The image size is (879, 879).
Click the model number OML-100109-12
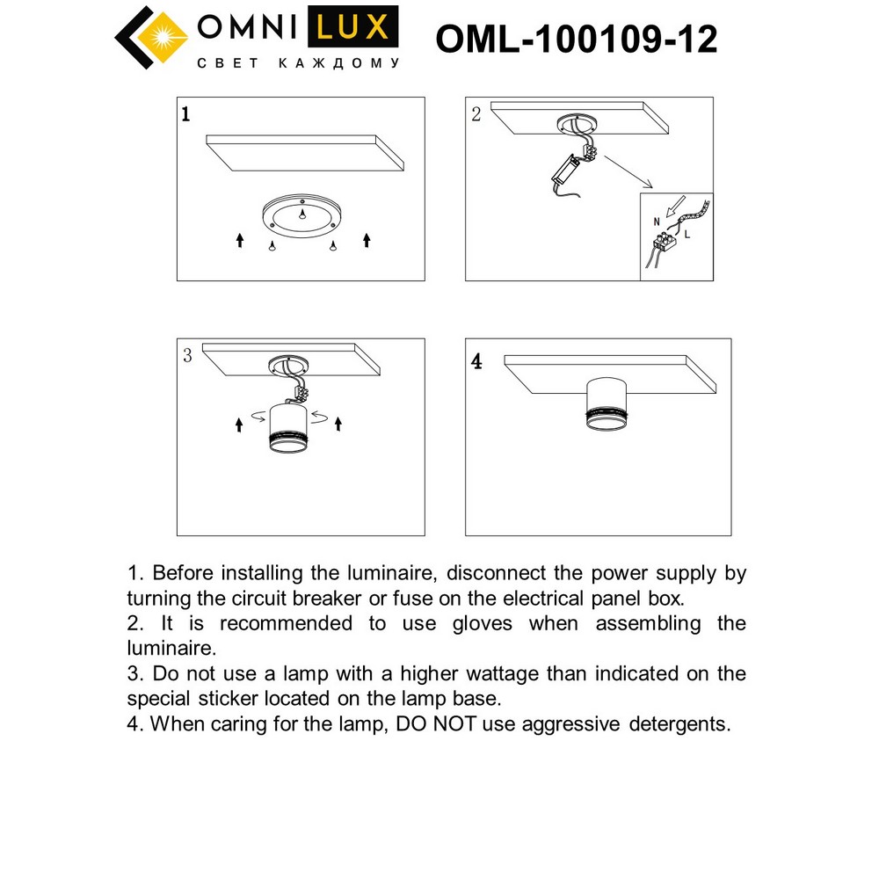pos(577,39)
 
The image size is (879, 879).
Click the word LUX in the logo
pos(351,26)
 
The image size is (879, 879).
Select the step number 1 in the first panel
pos(185,114)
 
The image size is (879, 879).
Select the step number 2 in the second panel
pos(476,114)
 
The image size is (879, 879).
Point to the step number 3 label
pos(187,356)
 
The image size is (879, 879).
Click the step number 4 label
pos(476,361)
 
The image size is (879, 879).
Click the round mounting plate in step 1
pos(301,215)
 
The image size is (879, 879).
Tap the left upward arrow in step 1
pos(239,239)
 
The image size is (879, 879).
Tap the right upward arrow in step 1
pos(367,239)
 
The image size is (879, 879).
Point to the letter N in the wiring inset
pos(655,223)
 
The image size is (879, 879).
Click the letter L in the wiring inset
pos(686,236)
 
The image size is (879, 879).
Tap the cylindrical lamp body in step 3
pos(288,429)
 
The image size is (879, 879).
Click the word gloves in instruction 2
pos(483,623)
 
